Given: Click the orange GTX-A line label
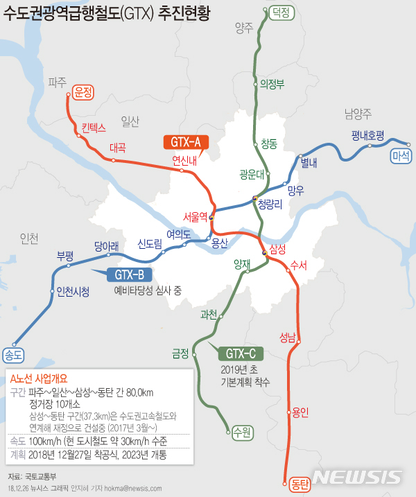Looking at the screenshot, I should [x=185, y=143].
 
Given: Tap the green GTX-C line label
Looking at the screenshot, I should [x=237, y=354].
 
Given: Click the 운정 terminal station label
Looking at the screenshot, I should [x=83, y=91].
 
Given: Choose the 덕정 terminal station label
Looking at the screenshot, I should [x=280, y=12].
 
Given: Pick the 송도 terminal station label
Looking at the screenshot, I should [x=13, y=354].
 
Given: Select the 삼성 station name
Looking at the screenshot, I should [x=277, y=249].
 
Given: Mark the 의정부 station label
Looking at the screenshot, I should [x=272, y=84].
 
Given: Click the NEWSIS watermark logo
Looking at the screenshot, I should [x=356, y=477].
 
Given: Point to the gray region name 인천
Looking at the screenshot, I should [x=30, y=238].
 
